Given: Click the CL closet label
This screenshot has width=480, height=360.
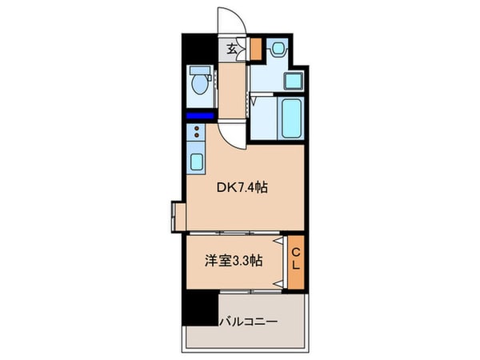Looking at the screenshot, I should click(x=294, y=260).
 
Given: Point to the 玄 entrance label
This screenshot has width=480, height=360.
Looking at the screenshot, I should click(x=230, y=50).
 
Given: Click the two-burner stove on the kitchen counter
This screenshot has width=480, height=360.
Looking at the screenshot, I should click(x=197, y=134).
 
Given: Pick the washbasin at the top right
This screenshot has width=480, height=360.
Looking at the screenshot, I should click(x=277, y=50).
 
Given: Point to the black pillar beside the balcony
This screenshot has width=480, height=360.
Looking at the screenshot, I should click(x=200, y=307).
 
